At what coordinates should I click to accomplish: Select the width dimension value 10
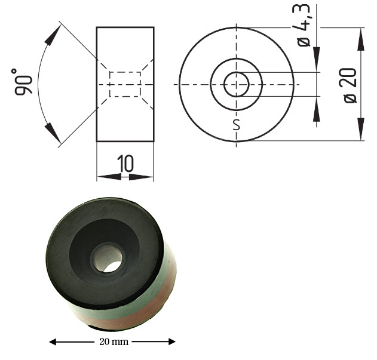click(x=125, y=164)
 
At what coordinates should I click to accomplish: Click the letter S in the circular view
click(x=236, y=125)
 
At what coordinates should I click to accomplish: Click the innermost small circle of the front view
click(x=236, y=84)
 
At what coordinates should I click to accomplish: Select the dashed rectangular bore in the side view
click(x=125, y=84)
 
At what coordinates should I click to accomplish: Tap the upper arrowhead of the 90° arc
click(x=53, y=37)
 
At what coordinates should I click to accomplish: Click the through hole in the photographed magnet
click(x=108, y=257)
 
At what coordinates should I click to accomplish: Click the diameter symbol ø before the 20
click(x=350, y=98)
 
